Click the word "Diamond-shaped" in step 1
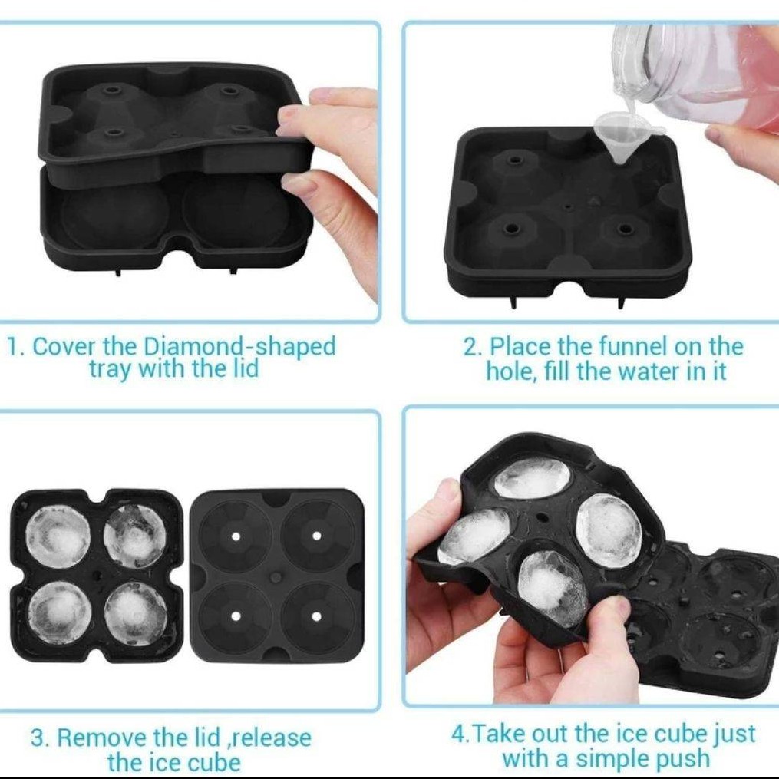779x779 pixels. (239, 346)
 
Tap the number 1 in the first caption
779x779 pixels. (13, 347)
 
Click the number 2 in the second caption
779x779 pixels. (471, 347)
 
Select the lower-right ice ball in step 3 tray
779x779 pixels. (136, 613)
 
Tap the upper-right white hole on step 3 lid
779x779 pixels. (316, 536)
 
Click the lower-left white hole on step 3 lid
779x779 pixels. (236, 616)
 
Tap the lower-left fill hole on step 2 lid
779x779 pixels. (511, 229)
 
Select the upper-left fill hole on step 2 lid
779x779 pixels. (514, 161)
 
